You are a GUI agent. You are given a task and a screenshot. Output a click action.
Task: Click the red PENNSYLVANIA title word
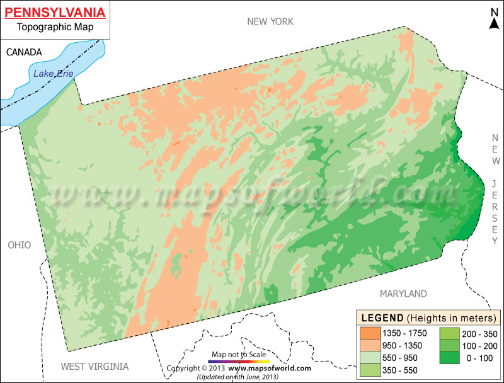(x=55, y=12)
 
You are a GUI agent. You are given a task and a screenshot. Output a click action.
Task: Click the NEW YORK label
(x=270, y=22)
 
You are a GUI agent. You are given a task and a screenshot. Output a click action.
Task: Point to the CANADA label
(x=24, y=52)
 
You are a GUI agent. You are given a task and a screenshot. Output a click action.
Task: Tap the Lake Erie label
(x=54, y=74)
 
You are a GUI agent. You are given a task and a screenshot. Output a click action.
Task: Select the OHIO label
(x=19, y=245)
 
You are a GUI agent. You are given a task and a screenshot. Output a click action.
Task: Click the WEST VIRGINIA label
(x=94, y=366)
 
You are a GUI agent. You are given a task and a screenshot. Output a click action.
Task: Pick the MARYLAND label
(x=403, y=294)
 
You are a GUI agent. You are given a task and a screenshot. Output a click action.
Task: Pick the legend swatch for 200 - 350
(x=449, y=333)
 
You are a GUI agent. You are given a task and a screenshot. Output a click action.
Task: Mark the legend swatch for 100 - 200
(x=449, y=345)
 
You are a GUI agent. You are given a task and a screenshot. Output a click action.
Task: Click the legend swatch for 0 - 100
(x=449, y=357)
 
